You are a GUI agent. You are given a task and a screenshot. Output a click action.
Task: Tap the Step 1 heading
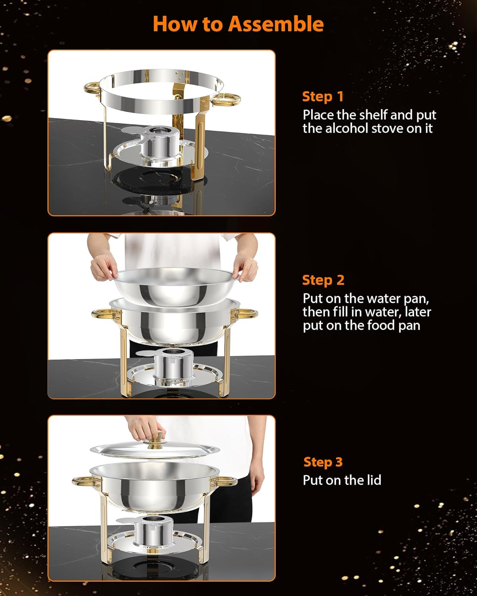point(322,97)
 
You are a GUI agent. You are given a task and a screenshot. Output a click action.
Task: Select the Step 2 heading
point(323,280)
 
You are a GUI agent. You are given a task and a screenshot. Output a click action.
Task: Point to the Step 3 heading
point(323,462)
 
